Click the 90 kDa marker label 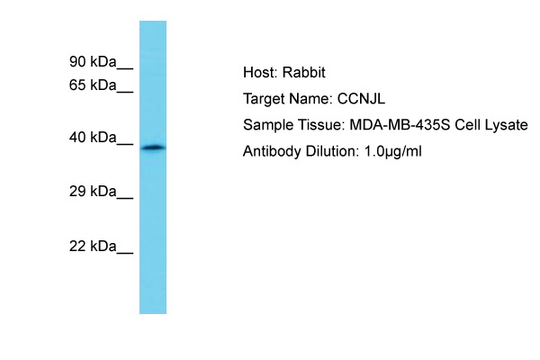[93, 62]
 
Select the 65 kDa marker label [93, 85]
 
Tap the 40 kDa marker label [93, 138]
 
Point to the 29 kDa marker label [93, 191]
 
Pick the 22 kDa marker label [93, 247]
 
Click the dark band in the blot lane [153, 148]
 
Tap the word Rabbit [304, 72]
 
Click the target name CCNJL [361, 99]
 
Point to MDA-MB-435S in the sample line [400, 125]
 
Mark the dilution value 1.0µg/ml [393, 151]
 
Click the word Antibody [272, 151]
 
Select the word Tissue [321, 125]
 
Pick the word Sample [268, 125]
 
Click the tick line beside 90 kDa [125, 68]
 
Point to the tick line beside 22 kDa [125, 253]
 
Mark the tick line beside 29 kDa [125, 198]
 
